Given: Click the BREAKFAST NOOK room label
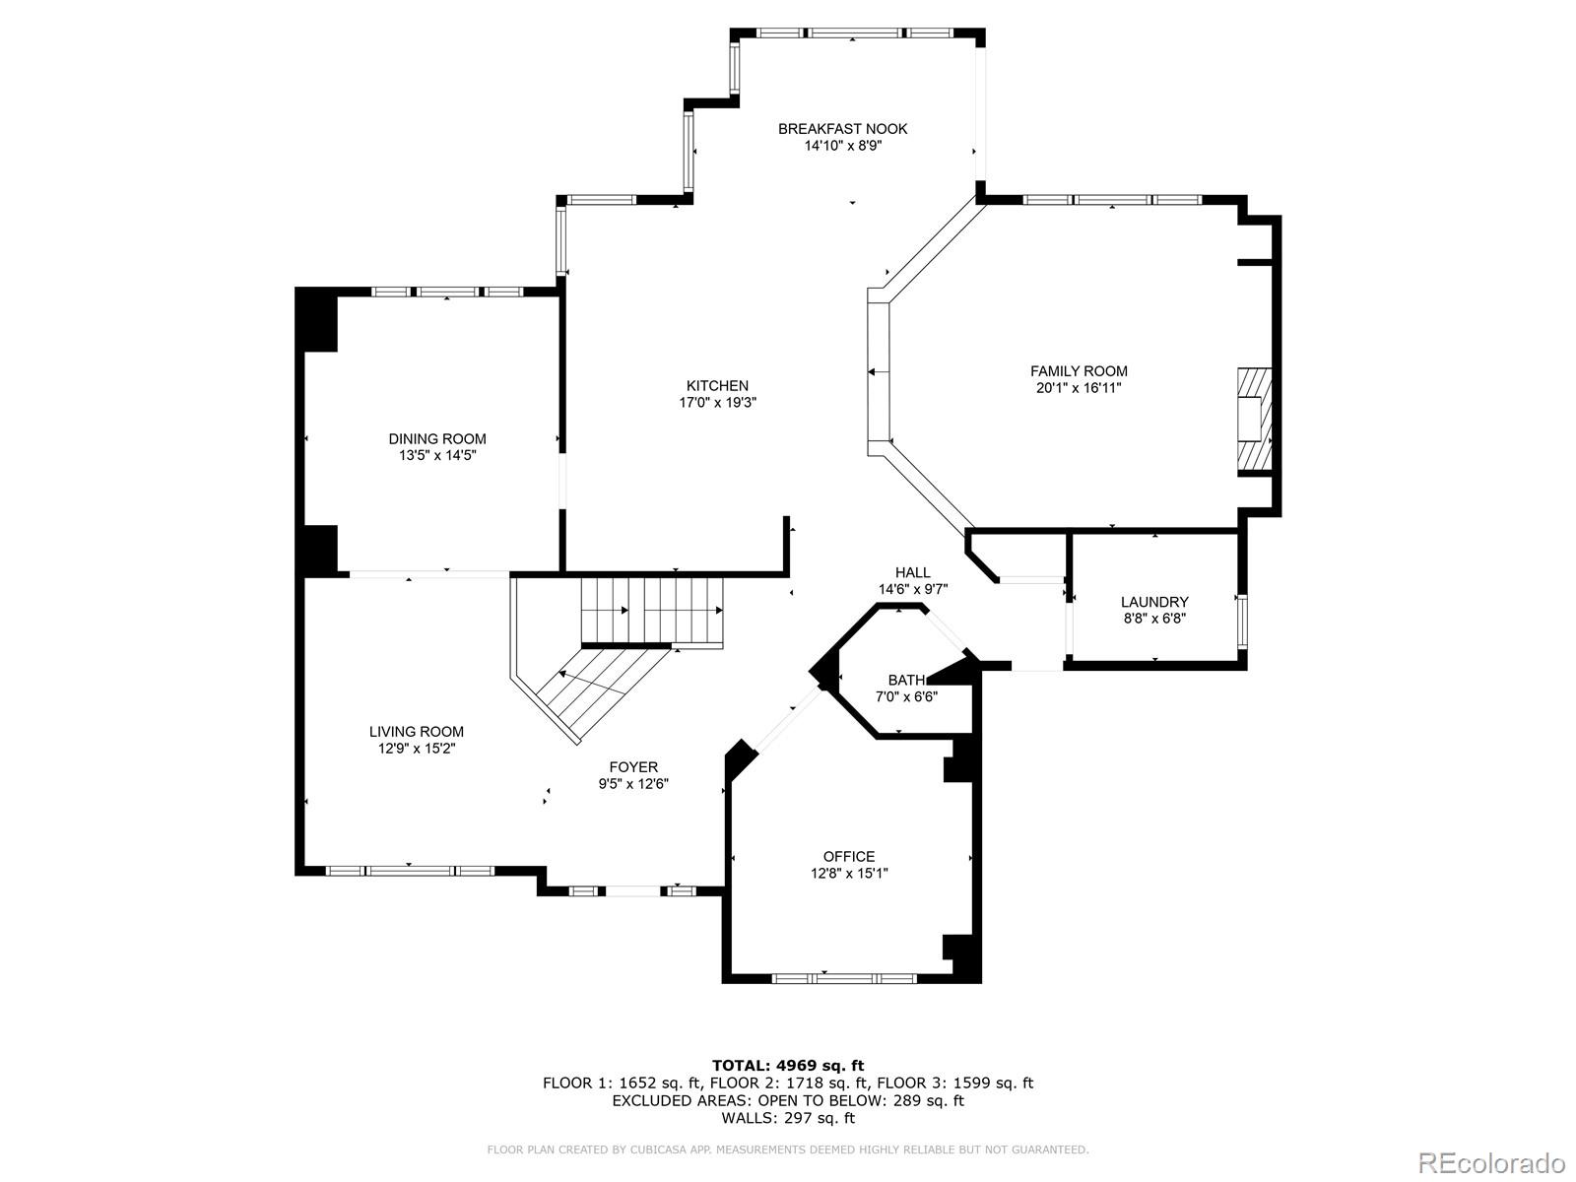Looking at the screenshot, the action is (x=842, y=129).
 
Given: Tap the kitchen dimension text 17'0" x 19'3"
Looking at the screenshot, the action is (x=717, y=403).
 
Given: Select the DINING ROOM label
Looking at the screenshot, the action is (x=437, y=439).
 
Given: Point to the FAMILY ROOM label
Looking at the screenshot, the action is (x=1079, y=371).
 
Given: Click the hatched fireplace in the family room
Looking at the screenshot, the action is (x=1254, y=422).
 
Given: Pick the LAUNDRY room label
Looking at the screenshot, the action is (x=1154, y=602).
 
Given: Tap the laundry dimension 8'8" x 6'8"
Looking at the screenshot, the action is (x=1154, y=619).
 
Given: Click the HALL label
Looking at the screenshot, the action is (x=912, y=572).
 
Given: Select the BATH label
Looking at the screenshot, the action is (x=906, y=681).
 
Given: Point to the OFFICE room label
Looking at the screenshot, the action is (x=849, y=857).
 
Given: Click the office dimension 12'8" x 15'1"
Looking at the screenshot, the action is (x=849, y=874).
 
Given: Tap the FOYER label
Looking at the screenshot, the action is (x=633, y=767).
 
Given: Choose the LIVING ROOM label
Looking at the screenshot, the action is (x=417, y=732).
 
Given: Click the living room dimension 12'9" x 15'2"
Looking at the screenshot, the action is (x=417, y=749).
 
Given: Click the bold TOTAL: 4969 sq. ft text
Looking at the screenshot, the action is (x=788, y=1066).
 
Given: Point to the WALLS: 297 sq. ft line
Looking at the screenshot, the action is (x=788, y=1117).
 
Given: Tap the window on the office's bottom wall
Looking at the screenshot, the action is (x=844, y=977).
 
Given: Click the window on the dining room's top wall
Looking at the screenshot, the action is (x=446, y=292).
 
